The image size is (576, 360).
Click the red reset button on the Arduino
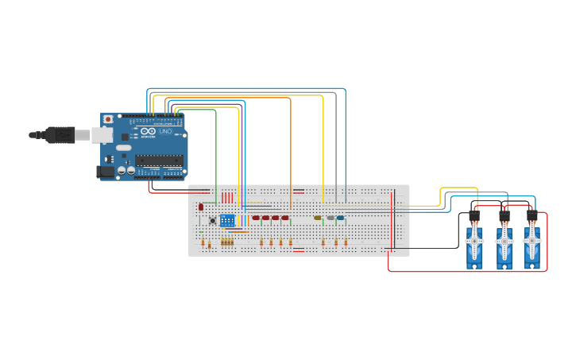click(108, 119)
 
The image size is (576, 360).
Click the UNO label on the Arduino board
click(165, 131)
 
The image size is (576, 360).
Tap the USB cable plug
click(60, 135)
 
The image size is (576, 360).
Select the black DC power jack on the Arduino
click(104, 171)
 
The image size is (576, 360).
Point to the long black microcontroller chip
click(159, 160)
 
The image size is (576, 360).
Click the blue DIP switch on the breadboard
click(227, 220)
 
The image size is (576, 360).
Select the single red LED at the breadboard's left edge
click(201, 207)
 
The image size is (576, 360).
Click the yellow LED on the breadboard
click(318, 218)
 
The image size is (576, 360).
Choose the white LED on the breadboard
click(331, 218)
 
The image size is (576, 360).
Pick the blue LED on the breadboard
click(340, 218)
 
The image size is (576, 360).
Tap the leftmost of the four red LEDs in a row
click(256, 218)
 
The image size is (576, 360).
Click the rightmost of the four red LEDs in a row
click(285, 218)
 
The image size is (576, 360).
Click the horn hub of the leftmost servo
click(474, 240)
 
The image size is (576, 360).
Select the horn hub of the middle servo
click(504, 240)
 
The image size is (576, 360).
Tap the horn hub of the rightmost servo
click(532, 240)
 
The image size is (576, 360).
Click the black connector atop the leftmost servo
click(474, 216)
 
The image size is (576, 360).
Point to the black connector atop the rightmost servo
click(532, 216)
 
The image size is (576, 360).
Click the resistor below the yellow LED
click(323, 242)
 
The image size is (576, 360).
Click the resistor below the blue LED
click(346, 242)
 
